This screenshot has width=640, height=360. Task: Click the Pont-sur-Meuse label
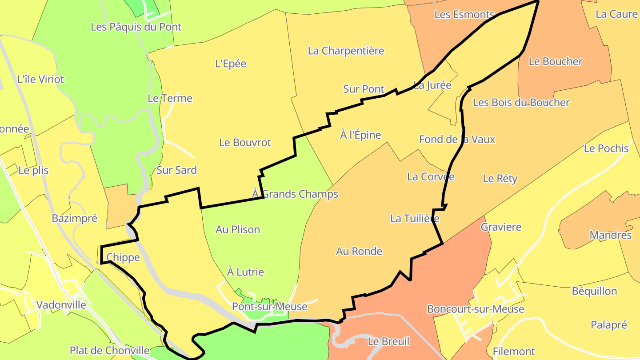pyautogui.click(x=269, y=306)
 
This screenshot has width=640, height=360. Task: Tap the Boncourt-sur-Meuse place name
pyautogui.click(x=475, y=309)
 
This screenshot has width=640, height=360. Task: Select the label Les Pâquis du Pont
pyautogui.click(x=136, y=27)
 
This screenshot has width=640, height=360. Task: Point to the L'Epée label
pyautogui.click(x=231, y=64)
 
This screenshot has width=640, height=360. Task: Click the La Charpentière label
pyautogui.click(x=346, y=51)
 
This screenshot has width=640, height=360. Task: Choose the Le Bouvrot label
pyautogui.click(x=245, y=143)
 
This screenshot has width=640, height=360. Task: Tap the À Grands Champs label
pyautogui.click(x=295, y=194)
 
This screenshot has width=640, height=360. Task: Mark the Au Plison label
pyautogui.click(x=238, y=230)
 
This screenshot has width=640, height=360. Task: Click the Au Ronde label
pyautogui.click(x=359, y=252)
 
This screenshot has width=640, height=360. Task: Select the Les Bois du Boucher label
pyautogui.click(x=521, y=103)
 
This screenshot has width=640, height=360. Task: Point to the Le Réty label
pyautogui.click(x=500, y=179)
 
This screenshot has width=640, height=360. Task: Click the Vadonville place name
pyautogui.click(x=61, y=305)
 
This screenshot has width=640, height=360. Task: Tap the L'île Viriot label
pyautogui.click(x=40, y=80)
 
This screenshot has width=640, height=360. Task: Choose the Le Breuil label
pyautogui.click(x=388, y=342)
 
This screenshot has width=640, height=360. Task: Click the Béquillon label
pyautogui.click(x=594, y=292)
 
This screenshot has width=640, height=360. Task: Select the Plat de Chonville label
pyautogui.click(x=109, y=351)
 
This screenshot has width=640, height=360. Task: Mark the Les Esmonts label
pyautogui.click(x=464, y=15)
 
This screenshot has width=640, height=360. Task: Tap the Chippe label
pyautogui.click(x=123, y=258)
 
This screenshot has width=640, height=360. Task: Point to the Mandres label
pyautogui.click(x=610, y=235)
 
